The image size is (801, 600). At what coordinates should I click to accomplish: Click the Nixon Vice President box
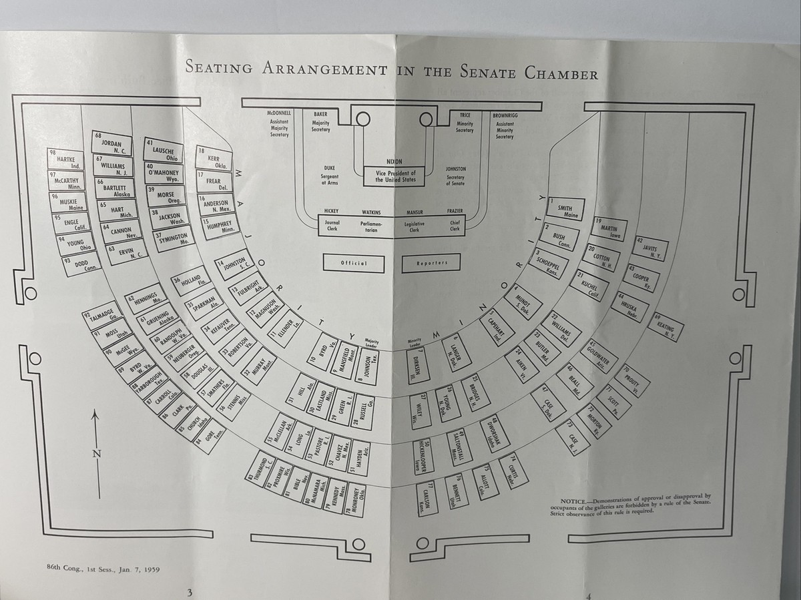pyautogui.click(x=394, y=175)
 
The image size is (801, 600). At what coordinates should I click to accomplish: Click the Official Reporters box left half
pyautogui.click(x=354, y=262)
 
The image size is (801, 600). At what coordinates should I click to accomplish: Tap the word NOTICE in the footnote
pyautogui.click(x=572, y=501)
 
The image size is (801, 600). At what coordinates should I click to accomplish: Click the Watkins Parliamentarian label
pyautogui.click(x=371, y=220)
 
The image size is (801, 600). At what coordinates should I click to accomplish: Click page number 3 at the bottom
pyautogui.click(x=190, y=591)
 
